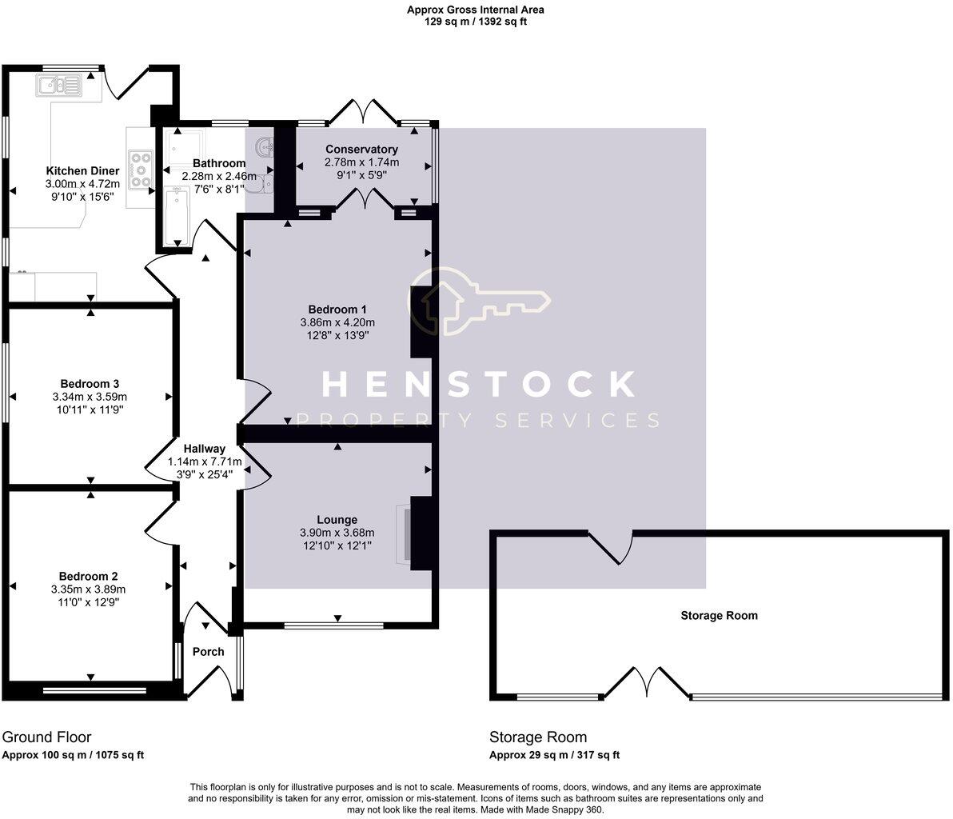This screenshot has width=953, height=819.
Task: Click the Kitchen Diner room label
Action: click(x=82, y=171)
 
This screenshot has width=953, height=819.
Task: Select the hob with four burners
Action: click(x=141, y=169)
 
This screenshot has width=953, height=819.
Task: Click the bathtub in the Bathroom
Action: click(x=175, y=217)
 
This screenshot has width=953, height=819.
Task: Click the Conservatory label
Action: click(x=361, y=150)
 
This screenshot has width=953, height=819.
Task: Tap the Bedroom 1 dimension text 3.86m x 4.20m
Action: click(x=337, y=322)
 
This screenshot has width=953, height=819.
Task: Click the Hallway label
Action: click(x=205, y=449)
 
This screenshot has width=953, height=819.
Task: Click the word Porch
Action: click(x=209, y=651)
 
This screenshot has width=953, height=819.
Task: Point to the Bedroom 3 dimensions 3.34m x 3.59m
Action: click(x=90, y=397)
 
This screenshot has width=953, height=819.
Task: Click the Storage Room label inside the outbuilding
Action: click(x=719, y=615)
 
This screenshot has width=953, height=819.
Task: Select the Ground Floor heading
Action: click(x=47, y=737)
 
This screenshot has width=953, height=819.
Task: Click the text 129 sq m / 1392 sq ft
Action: click(x=476, y=22)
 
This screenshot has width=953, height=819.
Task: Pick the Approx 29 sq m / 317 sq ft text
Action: click(x=555, y=755)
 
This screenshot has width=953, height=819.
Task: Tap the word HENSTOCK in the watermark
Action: click(x=478, y=385)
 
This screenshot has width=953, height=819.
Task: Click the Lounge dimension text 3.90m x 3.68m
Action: click(x=337, y=533)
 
